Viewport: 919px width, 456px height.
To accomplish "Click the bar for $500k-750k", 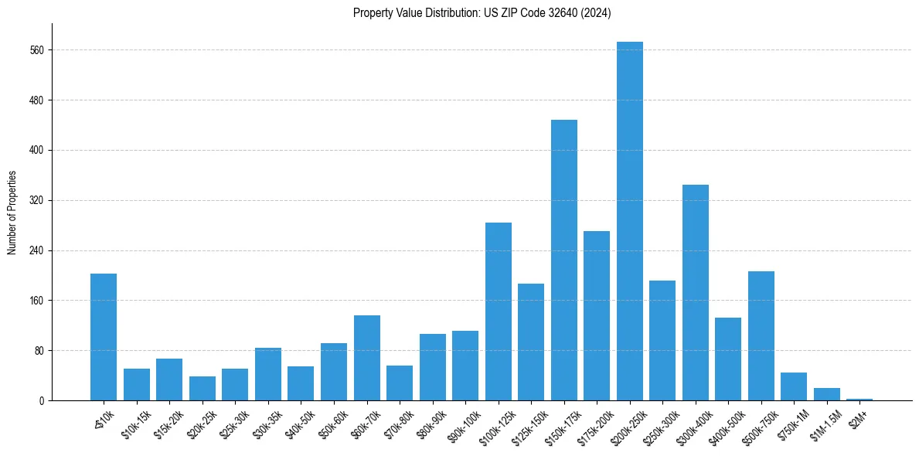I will (x=761, y=335).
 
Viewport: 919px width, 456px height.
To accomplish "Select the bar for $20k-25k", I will (x=203, y=388).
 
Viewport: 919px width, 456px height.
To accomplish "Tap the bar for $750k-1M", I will (x=794, y=386).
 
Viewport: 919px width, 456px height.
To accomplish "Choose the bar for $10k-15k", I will (x=137, y=384).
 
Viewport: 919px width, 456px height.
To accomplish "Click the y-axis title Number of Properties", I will (x=12, y=213).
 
